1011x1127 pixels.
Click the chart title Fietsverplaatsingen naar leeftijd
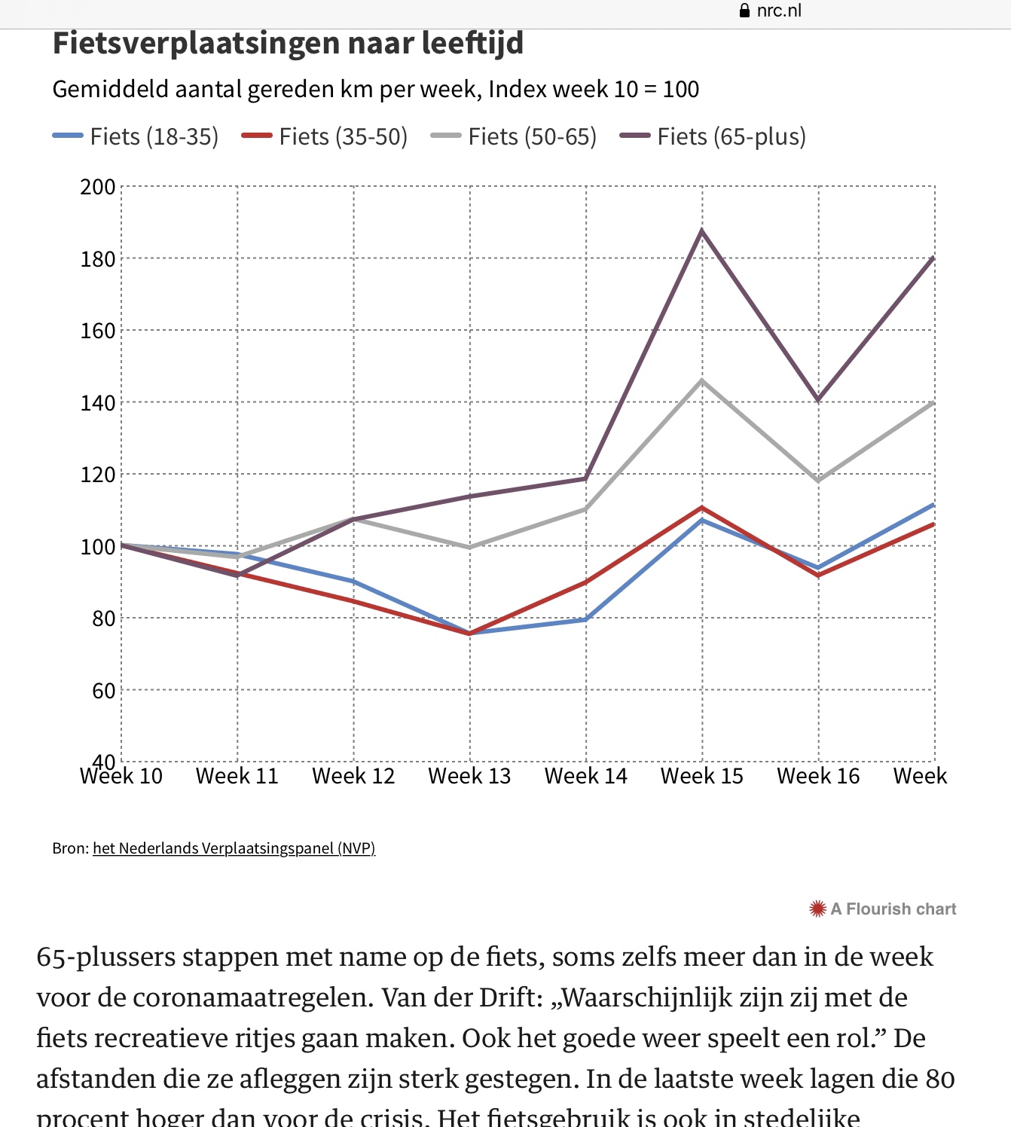click(x=288, y=44)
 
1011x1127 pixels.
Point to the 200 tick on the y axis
click(x=98, y=187)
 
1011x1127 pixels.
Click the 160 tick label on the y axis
click(x=98, y=331)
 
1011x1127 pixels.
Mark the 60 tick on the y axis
click(x=103, y=691)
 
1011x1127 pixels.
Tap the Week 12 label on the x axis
click(x=353, y=776)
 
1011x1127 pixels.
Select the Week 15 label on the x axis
click(x=702, y=776)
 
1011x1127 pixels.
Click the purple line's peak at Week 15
click(x=702, y=231)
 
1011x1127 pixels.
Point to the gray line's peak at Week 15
click(x=702, y=380)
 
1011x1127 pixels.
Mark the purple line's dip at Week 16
click(x=818, y=400)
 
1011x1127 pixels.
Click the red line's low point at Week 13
click(x=469, y=634)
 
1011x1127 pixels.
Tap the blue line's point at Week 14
click(x=586, y=619)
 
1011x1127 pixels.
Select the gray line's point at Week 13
click(x=469, y=547)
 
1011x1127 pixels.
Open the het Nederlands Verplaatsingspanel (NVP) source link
click(x=234, y=848)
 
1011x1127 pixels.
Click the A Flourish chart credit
click(x=893, y=909)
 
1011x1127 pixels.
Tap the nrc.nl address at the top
click(x=778, y=11)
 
